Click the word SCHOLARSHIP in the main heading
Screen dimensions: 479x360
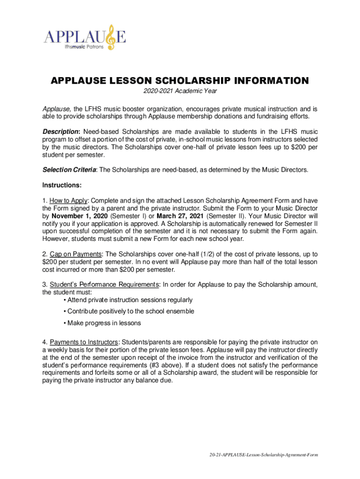click(x=173, y=81)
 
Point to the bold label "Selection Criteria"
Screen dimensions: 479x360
click(x=69, y=170)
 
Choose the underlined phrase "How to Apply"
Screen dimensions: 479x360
click(x=69, y=200)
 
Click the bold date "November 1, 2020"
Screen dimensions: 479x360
click(x=80, y=216)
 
